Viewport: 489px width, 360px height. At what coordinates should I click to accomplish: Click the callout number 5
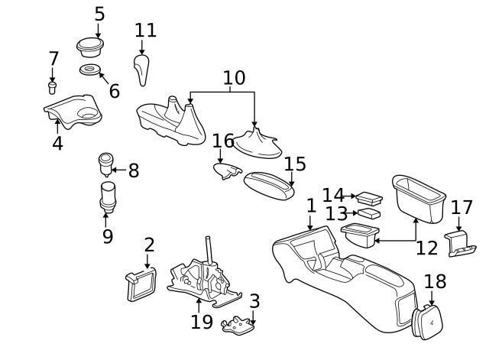[99, 14]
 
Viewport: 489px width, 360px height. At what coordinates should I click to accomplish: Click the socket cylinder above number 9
[108, 195]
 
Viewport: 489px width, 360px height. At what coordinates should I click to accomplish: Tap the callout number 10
[234, 77]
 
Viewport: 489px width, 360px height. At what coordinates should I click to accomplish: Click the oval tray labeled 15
[268, 183]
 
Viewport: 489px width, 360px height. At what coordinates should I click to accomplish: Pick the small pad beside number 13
[371, 213]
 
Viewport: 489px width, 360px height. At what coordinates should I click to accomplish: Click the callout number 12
[427, 248]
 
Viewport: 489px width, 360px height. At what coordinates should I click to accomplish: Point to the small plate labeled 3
[238, 326]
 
